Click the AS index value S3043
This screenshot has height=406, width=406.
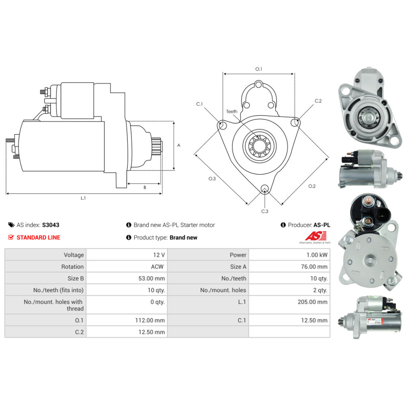tap(51, 225)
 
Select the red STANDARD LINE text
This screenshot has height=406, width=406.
tap(38, 238)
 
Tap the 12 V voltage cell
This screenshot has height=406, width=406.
tap(159, 255)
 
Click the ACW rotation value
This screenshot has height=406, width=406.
tap(158, 267)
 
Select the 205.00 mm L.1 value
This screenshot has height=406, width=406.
tap(314, 302)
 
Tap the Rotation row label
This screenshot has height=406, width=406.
tap(72, 267)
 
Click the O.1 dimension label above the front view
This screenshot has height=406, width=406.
tap(259, 69)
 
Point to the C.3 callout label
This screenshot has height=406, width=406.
tap(265, 211)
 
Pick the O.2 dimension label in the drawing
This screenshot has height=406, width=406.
tap(312, 186)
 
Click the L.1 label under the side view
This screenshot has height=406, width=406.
tap(83, 198)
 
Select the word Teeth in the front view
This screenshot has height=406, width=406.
tap(232, 111)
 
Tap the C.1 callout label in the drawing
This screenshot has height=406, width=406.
tap(199, 104)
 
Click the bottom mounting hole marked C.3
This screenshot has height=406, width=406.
tap(265, 188)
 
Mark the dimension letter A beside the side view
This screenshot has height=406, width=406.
tap(179, 145)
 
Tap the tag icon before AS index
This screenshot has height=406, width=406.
tap(11, 225)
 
